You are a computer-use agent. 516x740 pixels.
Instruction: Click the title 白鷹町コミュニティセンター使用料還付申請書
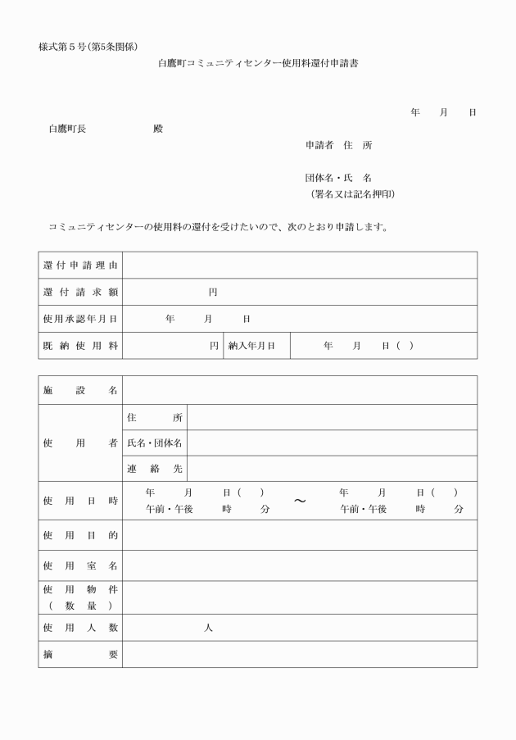(x=258, y=63)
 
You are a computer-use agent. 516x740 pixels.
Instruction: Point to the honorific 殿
(x=158, y=129)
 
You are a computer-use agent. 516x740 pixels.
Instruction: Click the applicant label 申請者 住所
(x=338, y=145)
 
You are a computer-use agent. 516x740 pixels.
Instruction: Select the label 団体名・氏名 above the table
(x=338, y=178)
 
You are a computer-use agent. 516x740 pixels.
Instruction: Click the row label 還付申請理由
(x=80, y=266)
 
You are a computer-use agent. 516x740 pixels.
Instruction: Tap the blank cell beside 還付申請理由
(x=299, y=266)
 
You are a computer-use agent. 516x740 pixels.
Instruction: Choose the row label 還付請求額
(x=80, y=293)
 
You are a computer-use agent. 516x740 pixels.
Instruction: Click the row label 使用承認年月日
(x=80, y=319)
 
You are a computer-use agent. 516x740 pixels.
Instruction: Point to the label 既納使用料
(x=80, y=346)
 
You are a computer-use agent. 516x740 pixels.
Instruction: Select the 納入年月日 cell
(x=256, y=346)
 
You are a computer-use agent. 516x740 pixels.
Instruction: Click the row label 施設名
(x=80, y=390)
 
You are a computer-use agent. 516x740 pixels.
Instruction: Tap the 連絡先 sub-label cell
(x=155, y=469)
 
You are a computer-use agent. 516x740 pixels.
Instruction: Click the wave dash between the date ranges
(x=300, y=502)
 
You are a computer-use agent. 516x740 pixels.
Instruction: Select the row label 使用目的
(x=80, y=535)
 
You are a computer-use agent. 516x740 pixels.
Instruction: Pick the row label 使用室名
(x=80, y=565)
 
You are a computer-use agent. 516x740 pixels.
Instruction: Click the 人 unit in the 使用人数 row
(x=208, y=628)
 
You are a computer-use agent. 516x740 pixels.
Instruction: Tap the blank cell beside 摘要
(x=299, y=654)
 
